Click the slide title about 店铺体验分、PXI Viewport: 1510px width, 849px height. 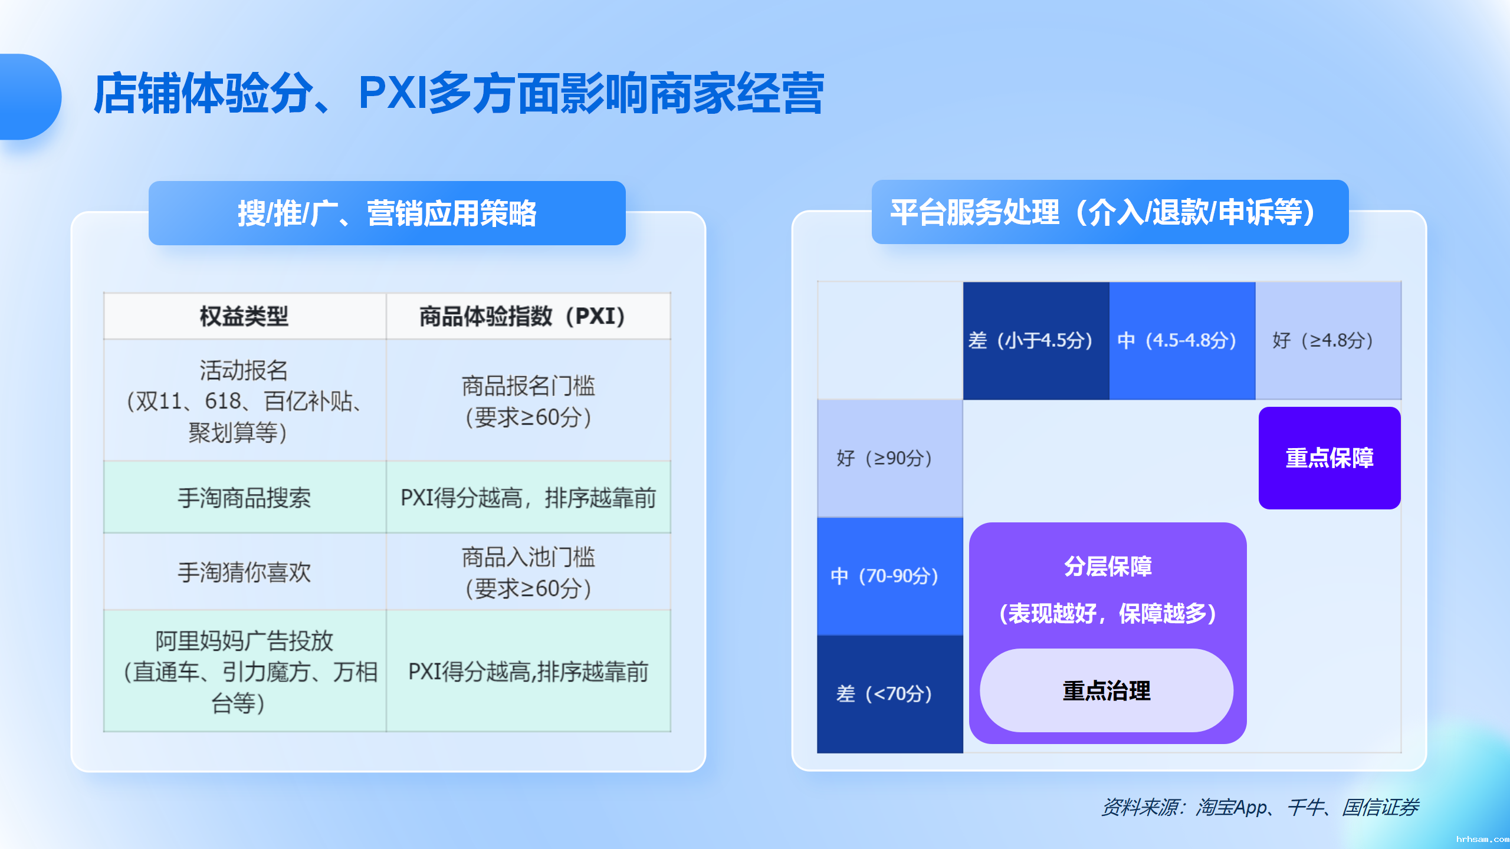click(x=459, y=94)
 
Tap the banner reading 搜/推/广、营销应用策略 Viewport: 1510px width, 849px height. click(x=387, y=213)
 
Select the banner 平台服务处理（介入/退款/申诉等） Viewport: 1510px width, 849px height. click(x=1109, y=212)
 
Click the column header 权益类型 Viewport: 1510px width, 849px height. click(x=244, y=317)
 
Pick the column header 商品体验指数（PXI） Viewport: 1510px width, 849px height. click(x=528, y=317)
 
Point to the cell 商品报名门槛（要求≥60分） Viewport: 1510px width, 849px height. click(x=528, y=402)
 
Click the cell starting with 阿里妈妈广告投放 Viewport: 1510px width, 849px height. click(x=244, y=672)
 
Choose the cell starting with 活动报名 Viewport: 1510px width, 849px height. click(x=244, y=401)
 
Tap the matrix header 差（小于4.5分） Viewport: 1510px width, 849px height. click(x=1036, y=341)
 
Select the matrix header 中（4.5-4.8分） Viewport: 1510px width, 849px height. click(x=1182, y=341)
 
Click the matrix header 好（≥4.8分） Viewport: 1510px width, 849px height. click(x=1328, y=341)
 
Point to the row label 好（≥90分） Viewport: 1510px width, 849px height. click(x=889, y=459)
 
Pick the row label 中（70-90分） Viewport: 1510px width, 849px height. click(x=889, y=576)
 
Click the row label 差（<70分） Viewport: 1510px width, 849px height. click(x=889, y=694)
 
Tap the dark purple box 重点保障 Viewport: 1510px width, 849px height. click(x=1330, y=458)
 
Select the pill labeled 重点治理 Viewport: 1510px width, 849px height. click(x=1107, y=691)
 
